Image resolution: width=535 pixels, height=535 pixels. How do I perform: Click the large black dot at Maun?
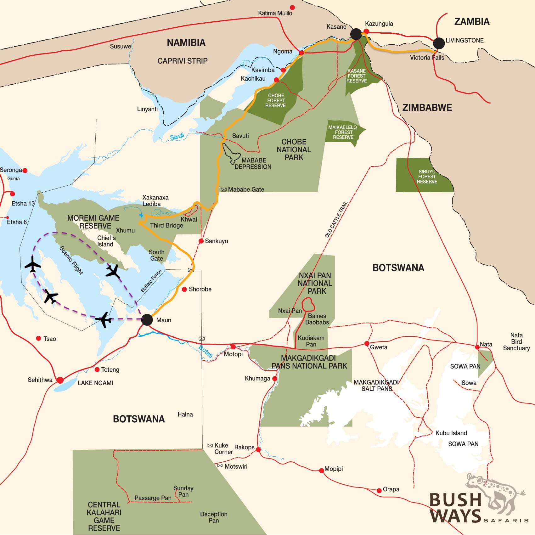pos(147,320)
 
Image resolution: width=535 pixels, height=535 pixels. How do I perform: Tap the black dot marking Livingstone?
pos(439,43)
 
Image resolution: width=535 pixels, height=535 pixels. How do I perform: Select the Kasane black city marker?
pos(356,34)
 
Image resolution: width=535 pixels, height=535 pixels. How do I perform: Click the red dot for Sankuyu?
pos(201,241)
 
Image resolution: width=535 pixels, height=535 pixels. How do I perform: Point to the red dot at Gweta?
pos(367,343)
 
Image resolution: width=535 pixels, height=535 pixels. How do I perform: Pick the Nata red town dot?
pos(477,347)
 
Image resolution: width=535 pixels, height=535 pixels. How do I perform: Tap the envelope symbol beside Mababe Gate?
pos(224,189)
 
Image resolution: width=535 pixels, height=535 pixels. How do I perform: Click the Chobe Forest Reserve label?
pos(276,100)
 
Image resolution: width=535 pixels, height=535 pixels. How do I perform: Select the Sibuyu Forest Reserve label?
pos(427,177)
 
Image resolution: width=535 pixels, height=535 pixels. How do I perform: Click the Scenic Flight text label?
pos(71,260)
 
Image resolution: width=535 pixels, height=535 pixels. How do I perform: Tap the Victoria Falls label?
pos(427,58)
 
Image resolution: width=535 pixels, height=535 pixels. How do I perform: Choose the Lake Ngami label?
pos(95,383)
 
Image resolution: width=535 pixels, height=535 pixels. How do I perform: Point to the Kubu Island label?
pos(451,433)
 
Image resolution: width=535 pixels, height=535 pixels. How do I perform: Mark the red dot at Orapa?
pos(379,491)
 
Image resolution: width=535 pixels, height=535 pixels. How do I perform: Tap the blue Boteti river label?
pos(206,351)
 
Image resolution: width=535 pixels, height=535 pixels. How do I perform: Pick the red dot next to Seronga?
pos(25,171)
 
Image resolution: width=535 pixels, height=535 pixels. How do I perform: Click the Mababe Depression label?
pos(253,164)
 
